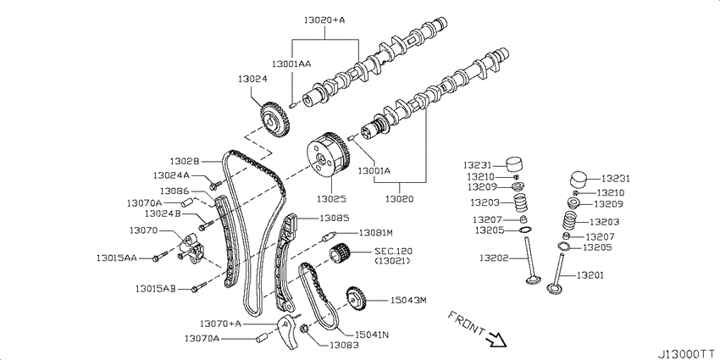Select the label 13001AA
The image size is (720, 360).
[291, 64]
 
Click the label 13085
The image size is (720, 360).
[334, 218]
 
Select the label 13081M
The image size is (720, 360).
[376, 232]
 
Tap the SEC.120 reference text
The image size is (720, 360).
[391, 252]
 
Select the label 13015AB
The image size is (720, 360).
[154, 289]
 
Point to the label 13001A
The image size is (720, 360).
[374, 170]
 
